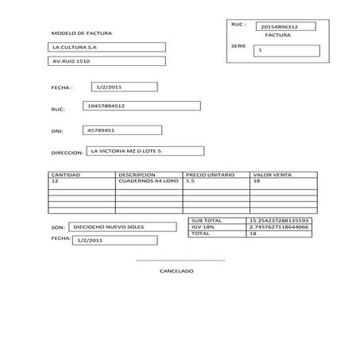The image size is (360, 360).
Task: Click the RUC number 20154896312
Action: (279, 27)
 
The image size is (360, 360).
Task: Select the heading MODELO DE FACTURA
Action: (81, 33)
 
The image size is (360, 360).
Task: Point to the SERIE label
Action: (238, 46)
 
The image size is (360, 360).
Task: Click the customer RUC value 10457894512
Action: (106, 106)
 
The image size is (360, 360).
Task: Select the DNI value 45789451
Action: (101, 130)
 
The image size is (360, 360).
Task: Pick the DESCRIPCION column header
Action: (137, 174)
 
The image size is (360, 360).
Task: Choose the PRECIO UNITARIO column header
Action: (209, 174)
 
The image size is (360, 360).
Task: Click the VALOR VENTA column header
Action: (272, 174)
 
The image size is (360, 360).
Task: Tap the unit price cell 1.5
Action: (190, 181)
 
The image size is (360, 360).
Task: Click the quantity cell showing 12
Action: (54, 181)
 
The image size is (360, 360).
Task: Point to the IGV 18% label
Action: (203, 226)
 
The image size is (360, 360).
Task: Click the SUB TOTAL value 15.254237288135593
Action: (278, 219)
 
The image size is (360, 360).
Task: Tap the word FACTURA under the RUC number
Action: (277, 36)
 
